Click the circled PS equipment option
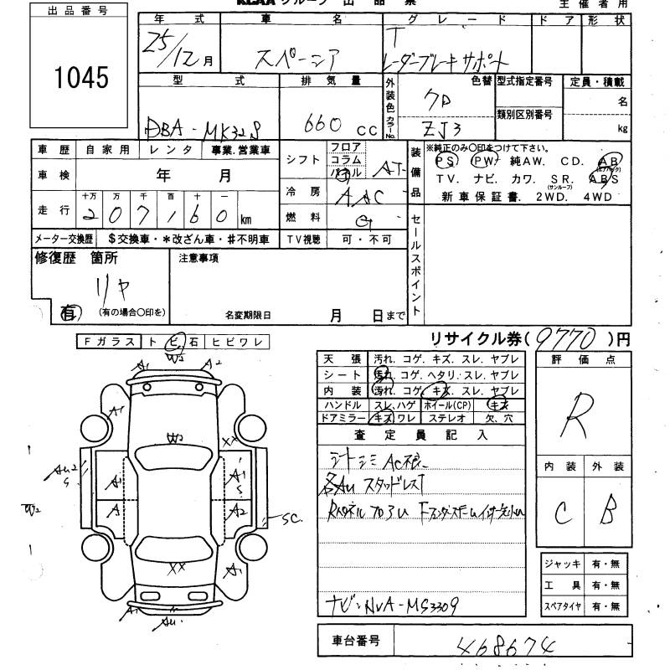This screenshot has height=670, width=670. tap(447, 161)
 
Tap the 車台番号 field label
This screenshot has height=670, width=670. tap(352, 641)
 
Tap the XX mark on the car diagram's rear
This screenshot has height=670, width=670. tap(177, 567)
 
